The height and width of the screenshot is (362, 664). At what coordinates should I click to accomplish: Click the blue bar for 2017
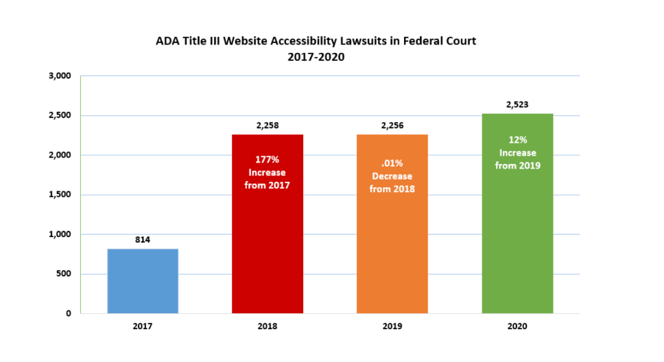pyautogui.click(x=143, y=281)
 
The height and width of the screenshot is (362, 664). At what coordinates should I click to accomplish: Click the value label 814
pyautogui.click(x=143, y=240)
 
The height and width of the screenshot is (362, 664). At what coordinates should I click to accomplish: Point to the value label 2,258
pyautogui.click(x=267, y=125)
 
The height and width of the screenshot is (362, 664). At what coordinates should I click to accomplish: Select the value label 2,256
pyautogui.click(x=392, y=125)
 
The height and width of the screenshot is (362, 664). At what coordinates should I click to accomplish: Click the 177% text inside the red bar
pyautogui.click(x=267, y=160)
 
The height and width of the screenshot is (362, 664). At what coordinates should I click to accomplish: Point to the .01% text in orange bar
pyautogui.click(x=392, y=165)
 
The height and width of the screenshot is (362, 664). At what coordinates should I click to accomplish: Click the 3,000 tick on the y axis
pyautogui.click(x=60, y=75)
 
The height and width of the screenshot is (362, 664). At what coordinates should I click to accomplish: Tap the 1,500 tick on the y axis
pyautogui.click(x=60, y=195)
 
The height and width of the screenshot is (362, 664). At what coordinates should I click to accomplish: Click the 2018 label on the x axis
pyautogui.click(x=267, y=326)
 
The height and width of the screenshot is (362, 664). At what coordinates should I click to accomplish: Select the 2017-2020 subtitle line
pyautogui.click(x=316, y=57)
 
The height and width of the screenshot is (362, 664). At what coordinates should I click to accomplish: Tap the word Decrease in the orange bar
pyautogui.click(x=392, y=177)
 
